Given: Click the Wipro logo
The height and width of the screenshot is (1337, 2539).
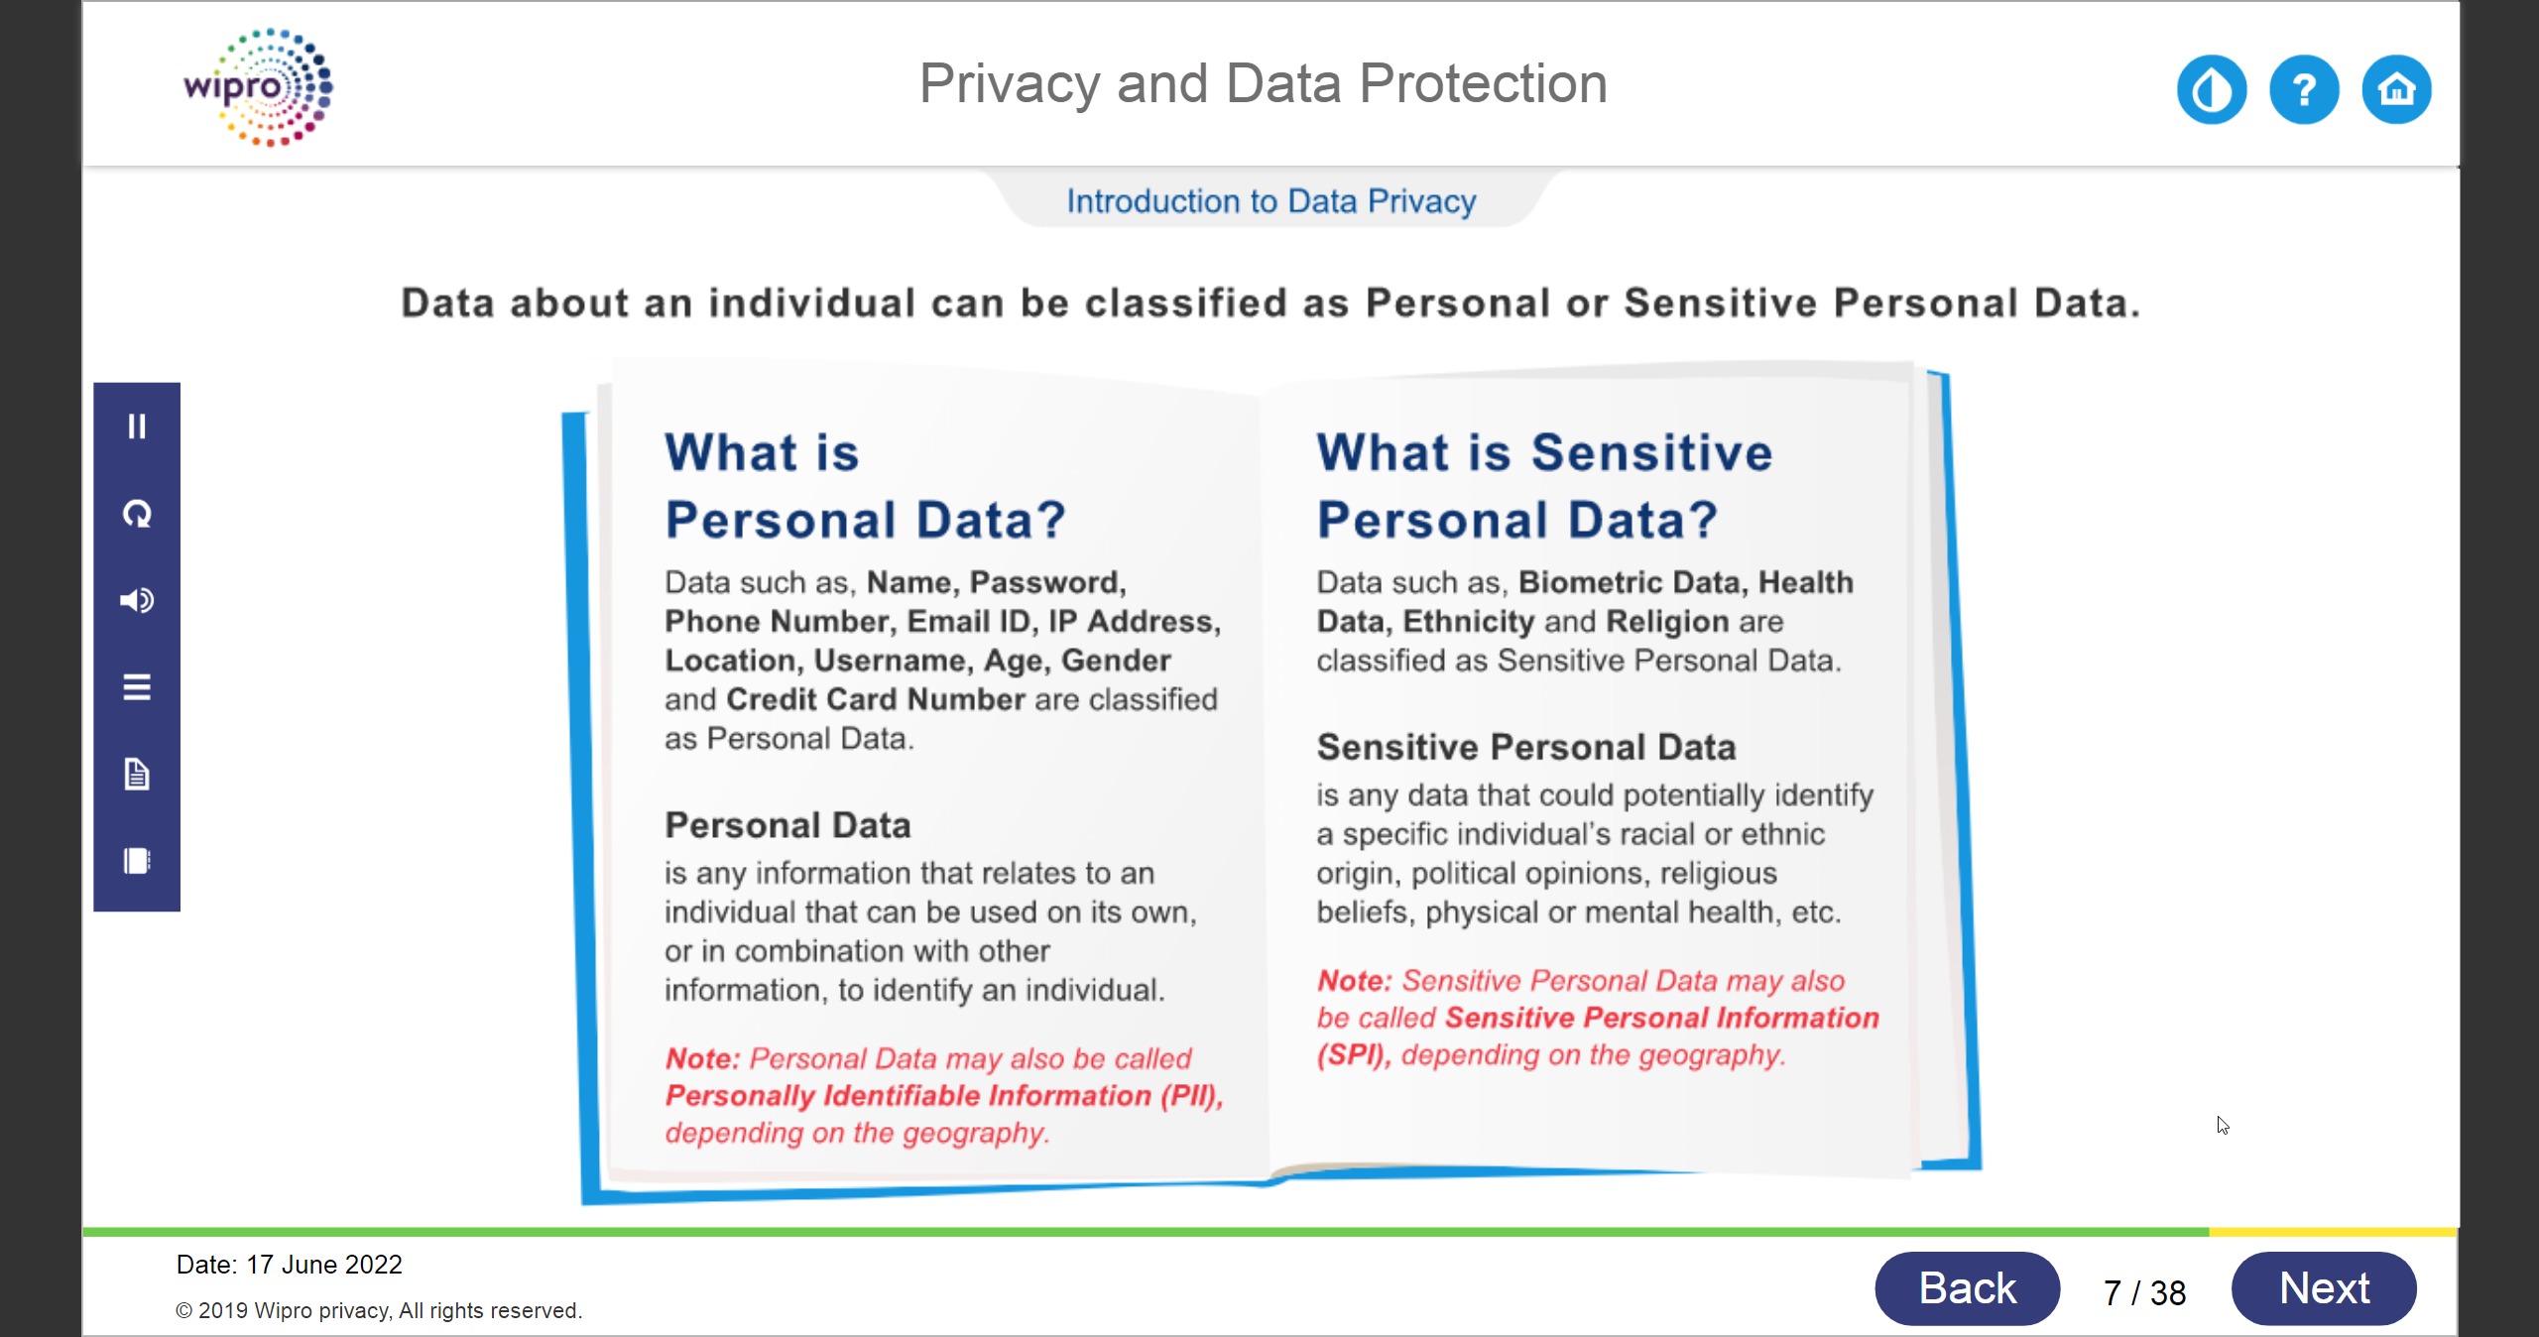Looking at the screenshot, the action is tap(258, 87).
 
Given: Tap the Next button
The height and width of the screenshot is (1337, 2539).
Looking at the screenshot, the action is tap(2324, 1288).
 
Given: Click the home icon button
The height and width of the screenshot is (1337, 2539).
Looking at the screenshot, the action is tap(2396, 89).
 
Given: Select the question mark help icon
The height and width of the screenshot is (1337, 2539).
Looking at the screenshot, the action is tap(2304, 89).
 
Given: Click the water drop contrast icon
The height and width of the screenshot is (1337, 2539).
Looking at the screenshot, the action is tap(2212, 89).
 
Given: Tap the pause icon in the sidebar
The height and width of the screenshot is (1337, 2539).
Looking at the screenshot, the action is tap(137, 426).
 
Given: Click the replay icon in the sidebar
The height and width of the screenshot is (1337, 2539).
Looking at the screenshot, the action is tap(137, 514).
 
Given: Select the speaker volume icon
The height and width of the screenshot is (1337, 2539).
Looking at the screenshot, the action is tap(137, 600).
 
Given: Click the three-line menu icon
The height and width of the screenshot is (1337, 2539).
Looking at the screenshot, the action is tap(137, 686).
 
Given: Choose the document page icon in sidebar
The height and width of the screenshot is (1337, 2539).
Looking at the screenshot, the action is tap(137, 774).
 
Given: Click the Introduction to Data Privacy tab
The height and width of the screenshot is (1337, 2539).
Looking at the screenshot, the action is tap(1271, 201).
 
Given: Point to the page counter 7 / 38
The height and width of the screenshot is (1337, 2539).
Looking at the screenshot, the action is tap(2145, 1292).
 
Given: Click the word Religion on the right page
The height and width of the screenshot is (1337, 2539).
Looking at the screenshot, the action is tap(1668, 622).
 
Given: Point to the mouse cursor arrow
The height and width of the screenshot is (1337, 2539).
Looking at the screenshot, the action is tap(2223, 1125).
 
